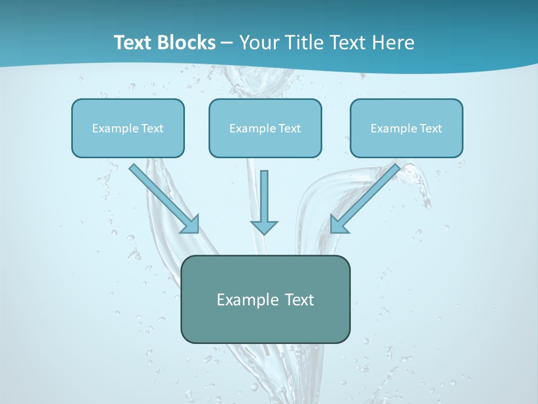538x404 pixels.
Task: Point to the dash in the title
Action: [227, 43]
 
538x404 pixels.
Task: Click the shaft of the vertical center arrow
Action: [265, 194]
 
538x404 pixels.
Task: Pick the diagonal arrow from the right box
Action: [370, 194]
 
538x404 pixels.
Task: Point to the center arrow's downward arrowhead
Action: [265, 227]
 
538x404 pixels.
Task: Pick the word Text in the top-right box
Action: [431, 128]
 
